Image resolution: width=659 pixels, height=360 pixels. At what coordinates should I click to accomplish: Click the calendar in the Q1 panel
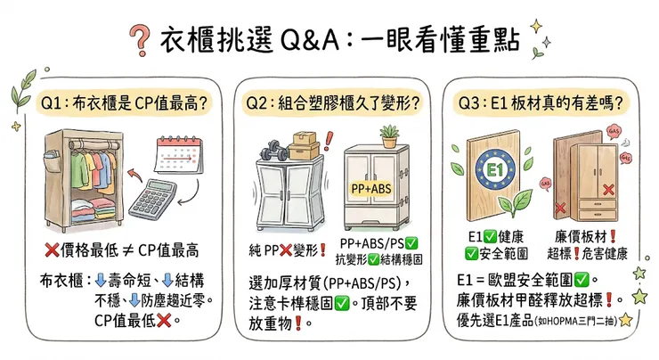pyautogui.click(x=179, y=152)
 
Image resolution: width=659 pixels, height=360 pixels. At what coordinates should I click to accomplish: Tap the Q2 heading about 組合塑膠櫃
pyautogui.click(x=332, y=103)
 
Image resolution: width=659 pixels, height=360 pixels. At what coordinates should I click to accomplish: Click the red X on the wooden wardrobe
pyautogui.click(x=607, y=191)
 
